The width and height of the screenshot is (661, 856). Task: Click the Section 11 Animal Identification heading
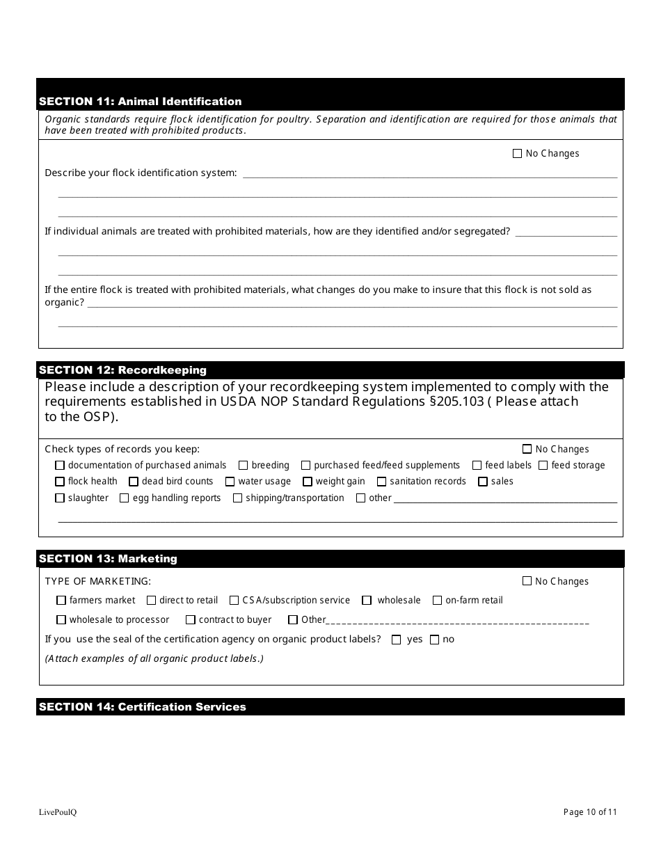point(141,102)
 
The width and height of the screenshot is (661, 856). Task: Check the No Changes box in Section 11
point(517,154)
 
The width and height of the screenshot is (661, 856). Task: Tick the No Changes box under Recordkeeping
point(527,450)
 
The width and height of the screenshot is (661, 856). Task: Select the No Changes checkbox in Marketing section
point(527,581)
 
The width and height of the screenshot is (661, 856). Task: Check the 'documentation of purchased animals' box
point(60,466)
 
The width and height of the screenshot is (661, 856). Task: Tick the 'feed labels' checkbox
point(477,466)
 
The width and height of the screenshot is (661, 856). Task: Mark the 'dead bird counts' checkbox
point(134,482)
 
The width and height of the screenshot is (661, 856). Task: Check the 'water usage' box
point(230,482)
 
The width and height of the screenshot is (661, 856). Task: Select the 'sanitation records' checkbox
point(381,482)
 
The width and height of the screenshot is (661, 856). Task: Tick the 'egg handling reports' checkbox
point(125,498)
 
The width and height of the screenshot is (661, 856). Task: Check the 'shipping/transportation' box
point(237,498)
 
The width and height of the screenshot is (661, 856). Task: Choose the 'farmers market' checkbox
point(61,601)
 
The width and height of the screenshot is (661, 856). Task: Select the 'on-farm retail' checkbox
point(438,601)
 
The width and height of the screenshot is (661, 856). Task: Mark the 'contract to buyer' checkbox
point(191,620)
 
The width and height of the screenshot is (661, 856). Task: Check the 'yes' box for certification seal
point(397,640)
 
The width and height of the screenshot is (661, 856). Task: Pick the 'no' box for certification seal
point(434,640)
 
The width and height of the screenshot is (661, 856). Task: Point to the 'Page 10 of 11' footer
point(590,811)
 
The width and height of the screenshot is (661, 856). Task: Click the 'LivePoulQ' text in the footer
point(58,812)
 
